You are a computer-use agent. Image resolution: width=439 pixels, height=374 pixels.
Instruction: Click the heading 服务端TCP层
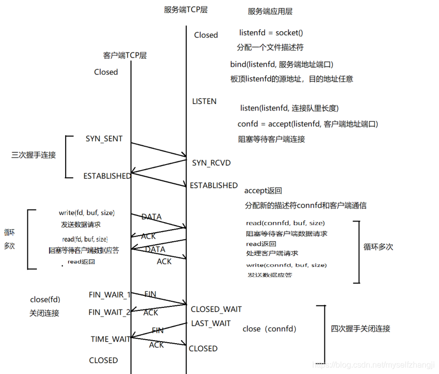coord(186,10)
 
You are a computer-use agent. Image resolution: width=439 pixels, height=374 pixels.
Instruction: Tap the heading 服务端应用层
coord(270,11)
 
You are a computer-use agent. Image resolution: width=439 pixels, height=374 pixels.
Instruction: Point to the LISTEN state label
coord(204,101)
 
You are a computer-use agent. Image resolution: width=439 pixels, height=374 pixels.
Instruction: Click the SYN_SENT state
coord(104,139)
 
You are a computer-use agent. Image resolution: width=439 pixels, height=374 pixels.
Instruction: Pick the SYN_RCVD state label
coord(211,163)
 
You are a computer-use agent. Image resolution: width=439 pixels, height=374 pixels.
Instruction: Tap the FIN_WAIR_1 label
coord(110,295)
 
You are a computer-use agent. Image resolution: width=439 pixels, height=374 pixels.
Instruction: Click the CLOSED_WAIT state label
coord(216,309)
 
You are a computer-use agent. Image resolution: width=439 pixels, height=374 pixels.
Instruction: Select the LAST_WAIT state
coord(211,324)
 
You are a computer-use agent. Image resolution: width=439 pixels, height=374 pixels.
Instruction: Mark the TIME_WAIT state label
coord(111,339)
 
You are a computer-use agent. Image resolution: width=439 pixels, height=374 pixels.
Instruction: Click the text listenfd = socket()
coord(271,33)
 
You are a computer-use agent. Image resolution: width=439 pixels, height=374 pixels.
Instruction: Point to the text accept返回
coord(263,191)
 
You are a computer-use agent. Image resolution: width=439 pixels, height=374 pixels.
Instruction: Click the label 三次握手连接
coord(33,155)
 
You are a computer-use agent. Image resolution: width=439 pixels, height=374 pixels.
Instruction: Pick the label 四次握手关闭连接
coord(360,329)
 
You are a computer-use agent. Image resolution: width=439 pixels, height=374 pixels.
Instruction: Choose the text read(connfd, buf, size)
coord(285,223)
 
